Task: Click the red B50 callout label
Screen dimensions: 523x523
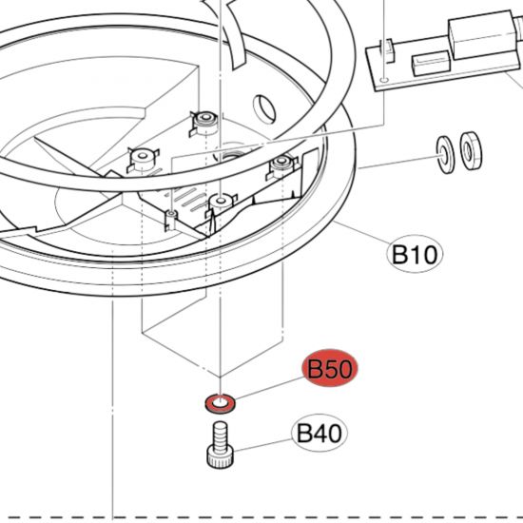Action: [x=330, y=368]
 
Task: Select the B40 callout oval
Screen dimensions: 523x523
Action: [x=320, y=433]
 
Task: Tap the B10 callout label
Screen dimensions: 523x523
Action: [x=415, y=254]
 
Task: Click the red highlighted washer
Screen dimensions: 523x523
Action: [x=220, y=403]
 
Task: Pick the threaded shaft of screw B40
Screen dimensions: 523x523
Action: [x=220, y=435]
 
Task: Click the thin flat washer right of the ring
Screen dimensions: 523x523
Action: [x=445, y=155]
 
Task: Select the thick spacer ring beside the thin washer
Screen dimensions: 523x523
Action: [x=471, y=150]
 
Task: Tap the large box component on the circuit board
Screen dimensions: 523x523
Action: [x=483, y=34]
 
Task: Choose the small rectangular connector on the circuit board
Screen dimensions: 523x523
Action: [x=430, y=64]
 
